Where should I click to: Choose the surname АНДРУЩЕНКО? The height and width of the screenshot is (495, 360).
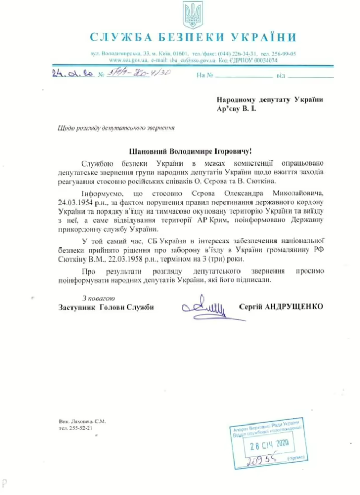click(295, 307)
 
